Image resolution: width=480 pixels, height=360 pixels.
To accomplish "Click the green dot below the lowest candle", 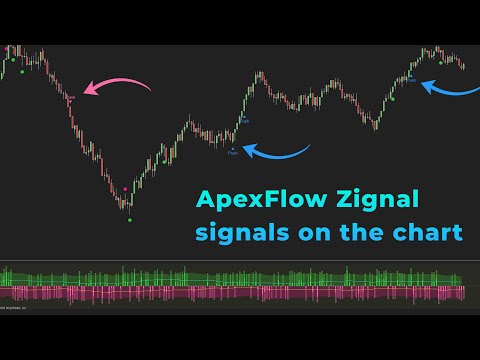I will pyautogui.click(x=130, y=219).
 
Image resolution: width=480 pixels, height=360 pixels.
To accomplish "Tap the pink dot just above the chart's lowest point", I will pyautogui.click(x=124, y=188).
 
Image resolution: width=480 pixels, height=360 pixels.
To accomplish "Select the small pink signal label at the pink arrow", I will pyautogui.click(x=70, y=97).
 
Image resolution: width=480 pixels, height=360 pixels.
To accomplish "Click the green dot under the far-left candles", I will pyautogui.click(x=21, y=72).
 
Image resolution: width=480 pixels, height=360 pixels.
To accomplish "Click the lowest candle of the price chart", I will pyautogui.click(x=128, y=206).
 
